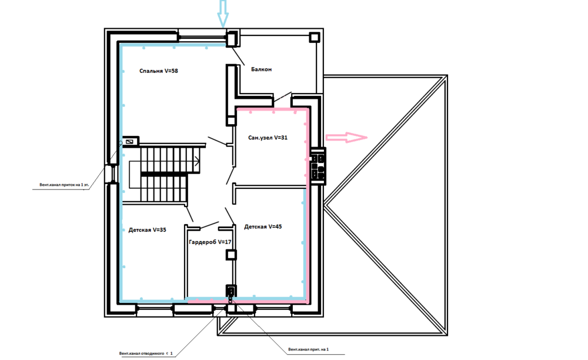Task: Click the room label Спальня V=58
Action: tap(159, 71)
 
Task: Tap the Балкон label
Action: tap(262, 69)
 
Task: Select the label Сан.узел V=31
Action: tap(268, 138)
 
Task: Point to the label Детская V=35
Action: tap(148, 230)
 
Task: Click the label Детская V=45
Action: tap(263, 226)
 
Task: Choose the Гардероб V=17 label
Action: tap(210, 242)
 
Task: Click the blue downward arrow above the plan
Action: tap(223, 14)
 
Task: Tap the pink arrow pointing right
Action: tap(346, 137)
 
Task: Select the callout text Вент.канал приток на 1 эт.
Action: tap(64, 185)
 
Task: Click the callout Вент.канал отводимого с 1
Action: tap(146, 354)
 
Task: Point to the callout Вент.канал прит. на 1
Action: tap(308, 349)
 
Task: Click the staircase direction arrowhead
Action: tap(197, 162)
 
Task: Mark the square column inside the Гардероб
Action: tap(231, 255)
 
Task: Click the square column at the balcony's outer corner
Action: tap(314, 37)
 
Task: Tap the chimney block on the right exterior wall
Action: tap(318, 166)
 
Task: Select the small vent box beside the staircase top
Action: tap(130, 142)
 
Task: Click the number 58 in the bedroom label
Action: tap(175, 71)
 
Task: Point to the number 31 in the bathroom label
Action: tap(284, 138)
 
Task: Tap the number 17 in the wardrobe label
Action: tap(228, 242)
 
